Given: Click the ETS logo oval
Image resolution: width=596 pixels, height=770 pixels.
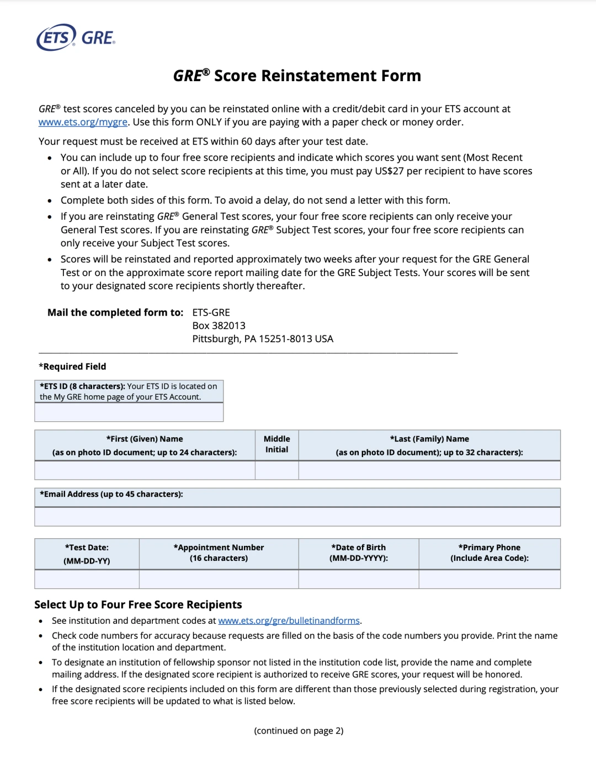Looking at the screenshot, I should [56, 38].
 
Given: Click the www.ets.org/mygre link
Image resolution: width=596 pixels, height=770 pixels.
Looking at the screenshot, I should [83, 122].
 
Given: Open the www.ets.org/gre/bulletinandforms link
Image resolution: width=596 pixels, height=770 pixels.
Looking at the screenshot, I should [289, 620].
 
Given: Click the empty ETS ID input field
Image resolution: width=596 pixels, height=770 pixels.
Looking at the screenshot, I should [129, 412].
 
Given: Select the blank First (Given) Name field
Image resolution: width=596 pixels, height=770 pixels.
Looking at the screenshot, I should [145, 470].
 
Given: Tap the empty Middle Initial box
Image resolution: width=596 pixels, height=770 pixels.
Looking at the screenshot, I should [276, 470].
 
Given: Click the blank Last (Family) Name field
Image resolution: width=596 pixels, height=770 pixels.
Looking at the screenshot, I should [429, 470].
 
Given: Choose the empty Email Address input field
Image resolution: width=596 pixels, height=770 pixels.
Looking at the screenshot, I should [297, 517].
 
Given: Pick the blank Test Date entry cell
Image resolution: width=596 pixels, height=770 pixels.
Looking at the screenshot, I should [87, 579].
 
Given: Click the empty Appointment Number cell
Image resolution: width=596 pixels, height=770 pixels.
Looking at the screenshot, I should [219, 579].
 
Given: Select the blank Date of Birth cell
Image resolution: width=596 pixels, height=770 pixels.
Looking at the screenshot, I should [359, 579].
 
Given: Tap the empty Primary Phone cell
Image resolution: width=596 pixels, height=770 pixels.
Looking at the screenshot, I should [489, 579].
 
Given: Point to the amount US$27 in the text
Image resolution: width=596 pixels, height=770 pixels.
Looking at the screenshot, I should [389, 171].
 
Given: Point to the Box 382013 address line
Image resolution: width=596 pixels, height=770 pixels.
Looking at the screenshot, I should [219, 326].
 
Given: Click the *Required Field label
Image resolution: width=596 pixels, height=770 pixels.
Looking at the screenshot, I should [72, 367].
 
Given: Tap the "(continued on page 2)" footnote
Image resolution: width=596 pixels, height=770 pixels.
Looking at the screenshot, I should [299, 731].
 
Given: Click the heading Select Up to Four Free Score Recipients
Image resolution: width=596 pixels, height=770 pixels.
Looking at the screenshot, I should [138, 604].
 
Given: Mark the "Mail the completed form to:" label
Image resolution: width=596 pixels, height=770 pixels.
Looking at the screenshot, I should [115, 312].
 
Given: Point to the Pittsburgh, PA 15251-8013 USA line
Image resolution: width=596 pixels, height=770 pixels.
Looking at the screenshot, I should [263, 339].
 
